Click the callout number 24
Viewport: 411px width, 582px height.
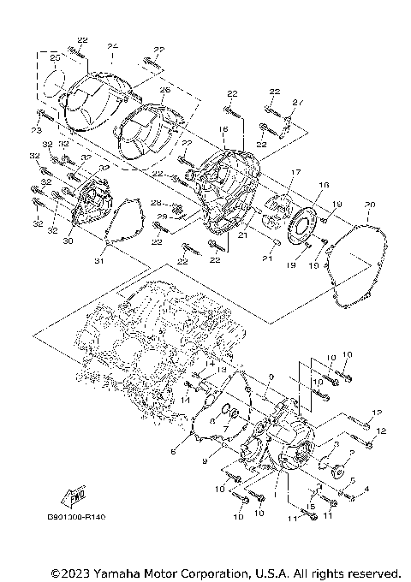pyautogui.click(x=112, y=45)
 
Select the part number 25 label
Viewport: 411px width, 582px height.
pyautogui.click(x=54, y=57)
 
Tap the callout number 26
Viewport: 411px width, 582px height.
pyautogui.click(x=164, y=90)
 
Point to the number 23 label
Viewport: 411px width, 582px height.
pyautogui.click(x=36, y=130)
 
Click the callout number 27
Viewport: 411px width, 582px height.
pyautogui.click(x=297, y=103)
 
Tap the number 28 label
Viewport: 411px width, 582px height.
pyautogui.click(x=157, y=203)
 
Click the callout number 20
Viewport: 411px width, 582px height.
pyautogui.click(x=369, y=204)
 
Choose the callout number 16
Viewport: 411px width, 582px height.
pyautogui.click(x=222, y=128)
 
